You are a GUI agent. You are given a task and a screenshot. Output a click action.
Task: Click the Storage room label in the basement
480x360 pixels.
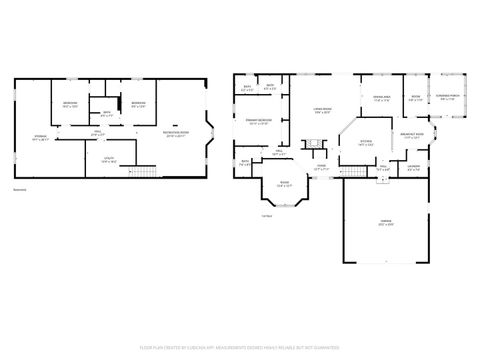[x=40, y=137]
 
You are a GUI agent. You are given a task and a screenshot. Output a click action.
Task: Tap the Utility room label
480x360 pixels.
[x=109, y=159]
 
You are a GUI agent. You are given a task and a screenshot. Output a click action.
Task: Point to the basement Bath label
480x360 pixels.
[x=107, y=113]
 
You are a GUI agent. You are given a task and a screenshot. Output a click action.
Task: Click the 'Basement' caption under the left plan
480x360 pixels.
[x=20, y=189]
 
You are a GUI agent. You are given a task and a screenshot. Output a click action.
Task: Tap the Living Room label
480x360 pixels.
[x=323, y=111]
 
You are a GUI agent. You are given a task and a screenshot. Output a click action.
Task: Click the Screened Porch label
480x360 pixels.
[x=445, y=97]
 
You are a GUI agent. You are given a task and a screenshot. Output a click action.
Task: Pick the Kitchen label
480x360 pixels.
[x=366, y=143]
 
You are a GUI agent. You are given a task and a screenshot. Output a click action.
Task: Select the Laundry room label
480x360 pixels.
[x=413, y=168]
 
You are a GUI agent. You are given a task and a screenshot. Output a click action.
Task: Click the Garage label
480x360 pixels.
[x=385, y=221]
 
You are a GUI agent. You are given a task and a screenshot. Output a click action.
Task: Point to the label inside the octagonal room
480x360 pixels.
[x=284, y=183]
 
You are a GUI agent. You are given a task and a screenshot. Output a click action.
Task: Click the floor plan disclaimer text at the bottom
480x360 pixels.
[x=240, y=349]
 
